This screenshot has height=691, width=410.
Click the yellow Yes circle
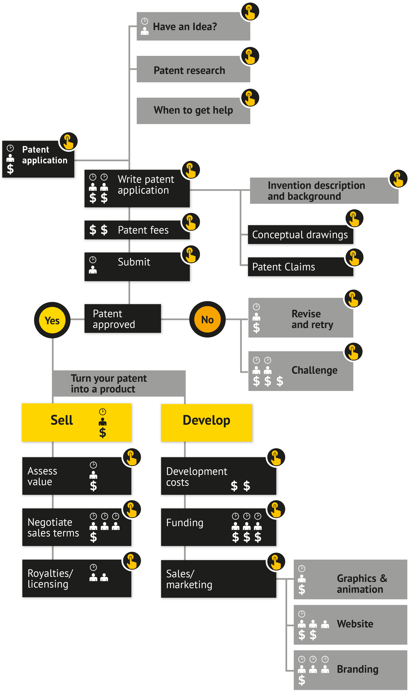tap(52, 320)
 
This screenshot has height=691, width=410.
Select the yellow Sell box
tap(76, 422)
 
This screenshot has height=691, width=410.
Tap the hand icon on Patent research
tap(250, 56)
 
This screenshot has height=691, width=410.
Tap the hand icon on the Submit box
tap(191, 254)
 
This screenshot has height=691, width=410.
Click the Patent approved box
tap(123, 319)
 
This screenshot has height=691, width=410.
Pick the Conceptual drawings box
tap(301, 235)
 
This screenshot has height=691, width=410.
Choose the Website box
tap(350, 624)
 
